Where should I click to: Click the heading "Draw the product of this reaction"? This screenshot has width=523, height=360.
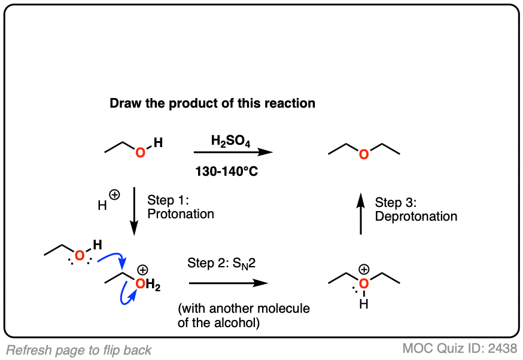pos(212,103)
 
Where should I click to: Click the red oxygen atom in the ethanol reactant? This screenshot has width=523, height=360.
pos(140,153)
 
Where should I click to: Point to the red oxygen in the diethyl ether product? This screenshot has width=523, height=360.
pos(363,154)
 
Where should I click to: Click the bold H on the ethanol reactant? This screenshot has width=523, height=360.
pos(157,142)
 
